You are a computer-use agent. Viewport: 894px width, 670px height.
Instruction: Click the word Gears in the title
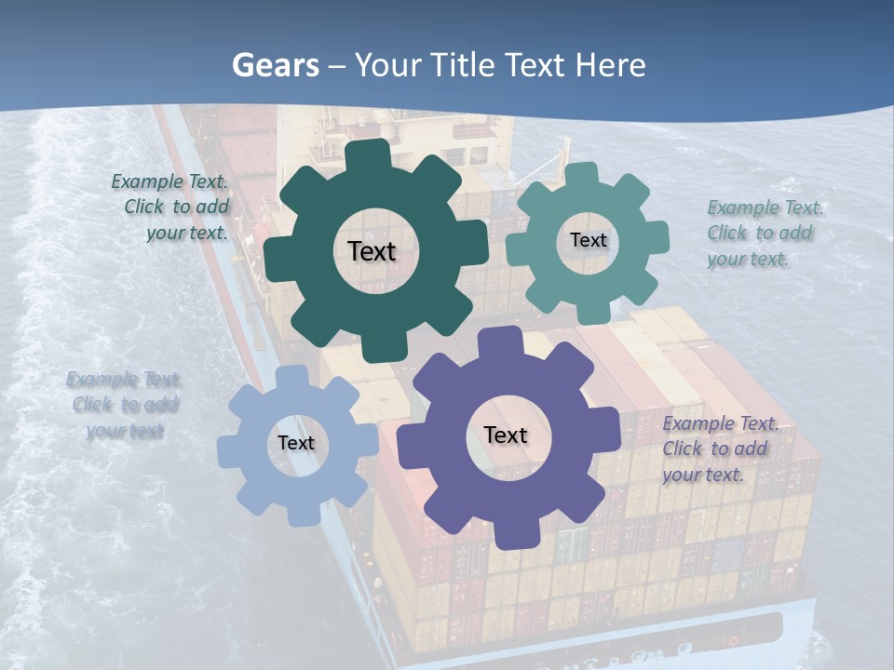click(x=276, y=65)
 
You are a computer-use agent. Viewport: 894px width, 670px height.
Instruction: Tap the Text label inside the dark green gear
click(x=372, y=251)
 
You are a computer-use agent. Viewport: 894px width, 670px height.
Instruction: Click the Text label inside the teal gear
click(x=588, y=240)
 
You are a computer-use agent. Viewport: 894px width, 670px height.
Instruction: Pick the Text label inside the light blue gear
click(x=296, y=443)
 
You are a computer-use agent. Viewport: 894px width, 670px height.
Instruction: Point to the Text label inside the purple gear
click(x=506, y=435)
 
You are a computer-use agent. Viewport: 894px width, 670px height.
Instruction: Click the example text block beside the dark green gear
click(x=172, y=208)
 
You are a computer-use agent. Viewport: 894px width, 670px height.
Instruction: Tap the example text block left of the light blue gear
click(x=124, y=405)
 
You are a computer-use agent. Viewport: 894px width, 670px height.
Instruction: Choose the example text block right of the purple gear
click(x=719, y=449)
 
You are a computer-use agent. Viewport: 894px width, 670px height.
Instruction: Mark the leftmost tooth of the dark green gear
click(x=278, y=252)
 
